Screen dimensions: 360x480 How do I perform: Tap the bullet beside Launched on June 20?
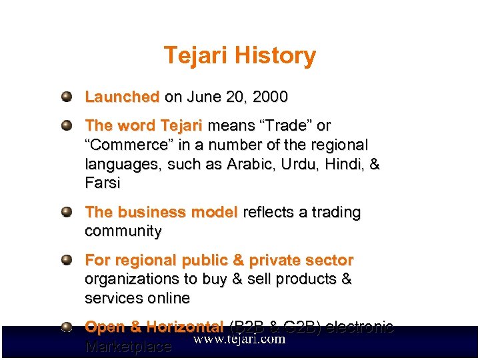tap(67, 97)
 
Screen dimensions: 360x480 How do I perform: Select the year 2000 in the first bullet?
tap(271, 97)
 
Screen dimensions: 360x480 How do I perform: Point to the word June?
tap(204, 97)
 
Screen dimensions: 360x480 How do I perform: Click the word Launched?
tap(122, 97)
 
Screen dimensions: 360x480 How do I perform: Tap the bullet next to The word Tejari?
tap(67, 125)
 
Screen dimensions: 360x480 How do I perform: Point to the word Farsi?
tap(103, 183)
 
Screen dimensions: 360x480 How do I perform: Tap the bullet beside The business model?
tap(67, 212)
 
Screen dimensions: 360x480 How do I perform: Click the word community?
tap(123, 232)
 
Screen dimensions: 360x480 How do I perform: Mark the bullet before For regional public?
tap(67, 260)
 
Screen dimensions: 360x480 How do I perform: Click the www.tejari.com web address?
tap(239, 339)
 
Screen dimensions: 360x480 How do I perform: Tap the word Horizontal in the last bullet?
tap(185, 327)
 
